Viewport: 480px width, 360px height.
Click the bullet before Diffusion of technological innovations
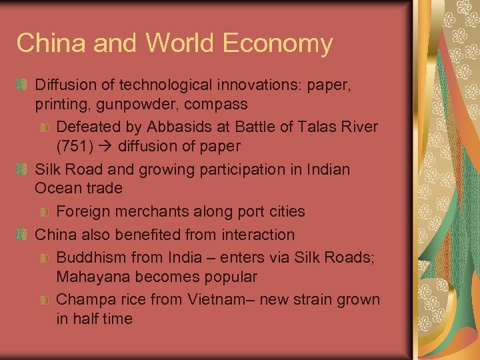click(x=22, y=86)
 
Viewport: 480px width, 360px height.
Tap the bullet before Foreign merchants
click(x=44, y=212)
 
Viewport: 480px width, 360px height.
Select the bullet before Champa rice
click(x=44, y=301)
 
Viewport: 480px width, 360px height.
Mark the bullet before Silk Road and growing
click(x=22, y=170)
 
